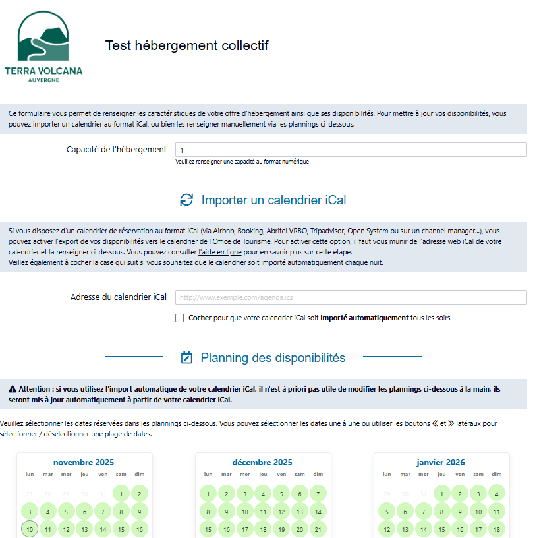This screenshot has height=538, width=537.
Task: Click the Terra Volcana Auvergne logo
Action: click(43, 46)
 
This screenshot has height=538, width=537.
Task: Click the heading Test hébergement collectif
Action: click(186, 45)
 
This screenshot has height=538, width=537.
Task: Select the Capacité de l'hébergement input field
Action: click(351, 150)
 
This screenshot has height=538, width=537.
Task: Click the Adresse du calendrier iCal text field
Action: click(351, 297)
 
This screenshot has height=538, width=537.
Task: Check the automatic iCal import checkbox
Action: click(180, 318)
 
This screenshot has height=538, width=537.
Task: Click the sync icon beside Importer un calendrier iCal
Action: click(186, 200)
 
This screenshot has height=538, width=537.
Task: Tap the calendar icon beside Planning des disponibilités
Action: click(186, 357)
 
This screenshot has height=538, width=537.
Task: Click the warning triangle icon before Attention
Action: click(13, 390)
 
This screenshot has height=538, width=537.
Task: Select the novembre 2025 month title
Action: click(84, 462)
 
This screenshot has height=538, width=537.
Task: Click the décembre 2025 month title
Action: click(262, 462)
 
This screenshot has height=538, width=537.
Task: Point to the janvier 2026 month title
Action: click(441, 462)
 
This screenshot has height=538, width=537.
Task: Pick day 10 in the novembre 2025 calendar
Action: click(29, 529)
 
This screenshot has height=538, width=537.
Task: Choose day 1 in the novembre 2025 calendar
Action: click(121, 493)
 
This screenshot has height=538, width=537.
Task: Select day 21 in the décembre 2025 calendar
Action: click(318, 529)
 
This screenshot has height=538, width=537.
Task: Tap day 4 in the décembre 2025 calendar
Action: click(263, 493)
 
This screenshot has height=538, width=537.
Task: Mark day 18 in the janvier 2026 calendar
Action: click(496, 529)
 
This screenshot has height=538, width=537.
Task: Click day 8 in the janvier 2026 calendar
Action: click(441, 511)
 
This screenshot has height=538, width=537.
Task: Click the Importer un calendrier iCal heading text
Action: click(273, 200)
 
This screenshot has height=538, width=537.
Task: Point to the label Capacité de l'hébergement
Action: click(117, 150)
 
